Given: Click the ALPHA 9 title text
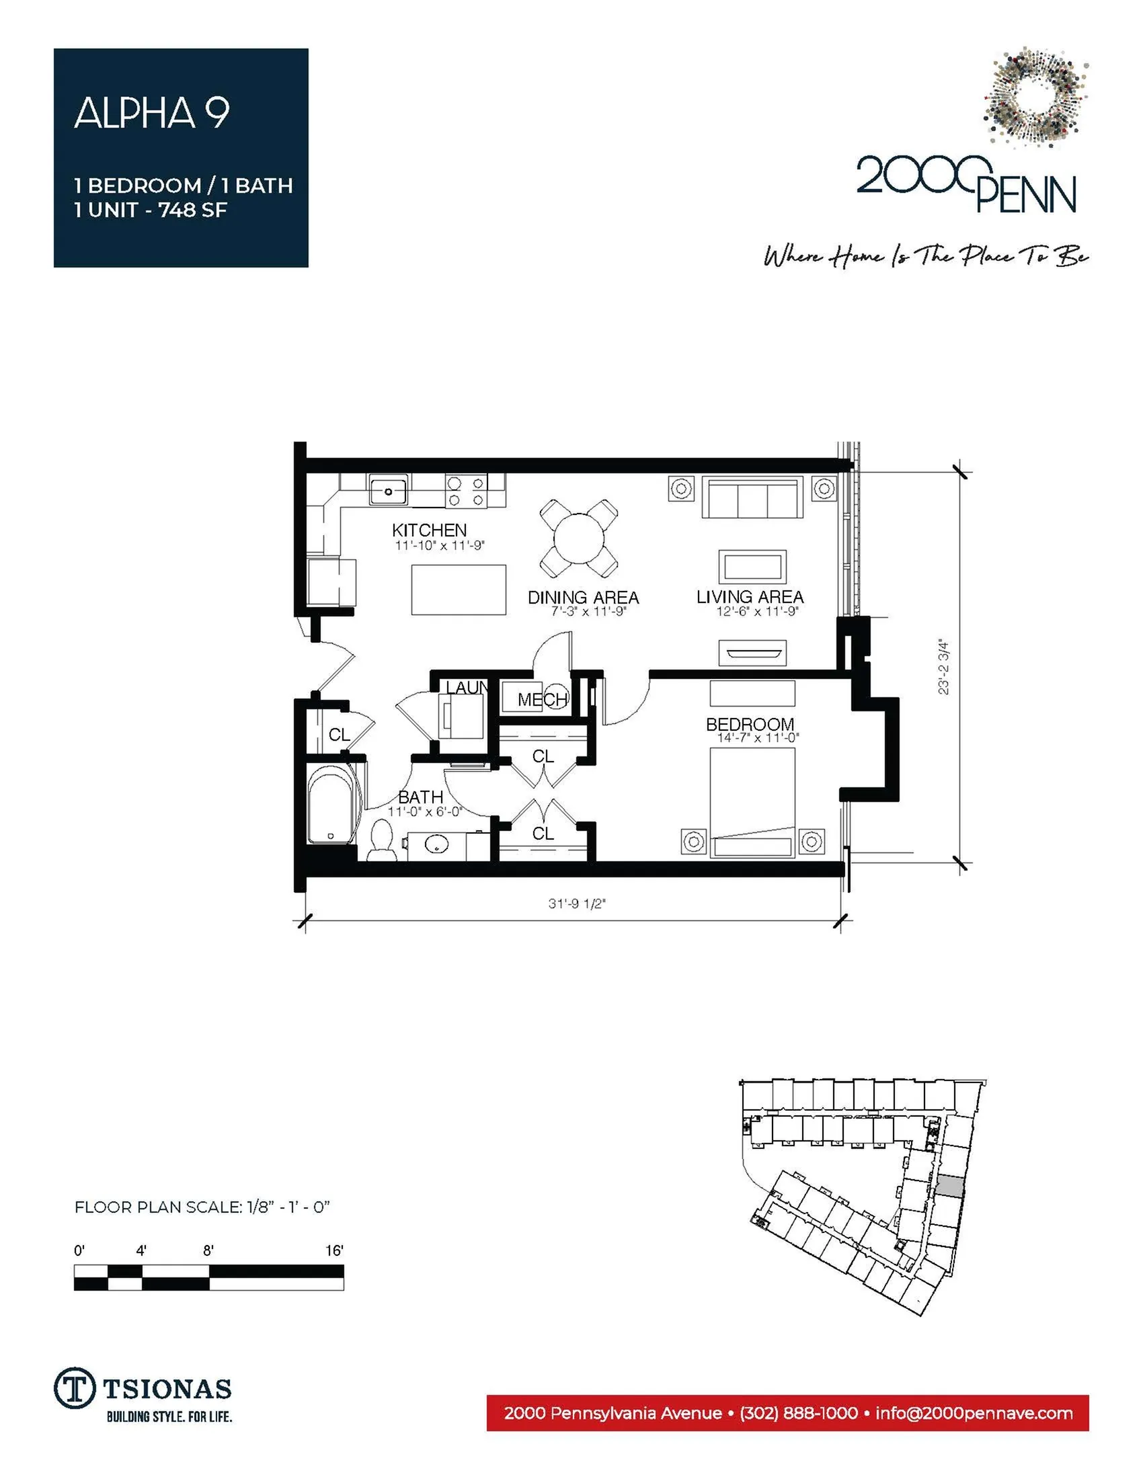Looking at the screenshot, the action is [x=152, y=112].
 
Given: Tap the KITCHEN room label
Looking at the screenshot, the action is [x=430, y=530].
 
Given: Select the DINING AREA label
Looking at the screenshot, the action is [x=583, y=597].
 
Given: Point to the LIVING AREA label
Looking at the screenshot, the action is [x=750, y=596].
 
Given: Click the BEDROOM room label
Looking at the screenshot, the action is [x=750, y=724].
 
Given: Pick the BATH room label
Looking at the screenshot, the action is [x=420, y=797].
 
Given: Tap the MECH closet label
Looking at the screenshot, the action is [x=543, y=700].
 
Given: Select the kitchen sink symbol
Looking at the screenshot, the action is [x=388, y=489].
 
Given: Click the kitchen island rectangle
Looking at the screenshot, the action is [x=459, y=590].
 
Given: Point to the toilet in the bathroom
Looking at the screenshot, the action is [x=382, y=840].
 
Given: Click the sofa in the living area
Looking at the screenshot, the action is [x=752, y=497].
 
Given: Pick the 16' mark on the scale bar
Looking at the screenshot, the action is [x=335, y=1251].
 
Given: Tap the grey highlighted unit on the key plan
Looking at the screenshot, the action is [x=950, y=1186].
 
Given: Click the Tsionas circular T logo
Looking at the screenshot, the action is [x=73, y=1388].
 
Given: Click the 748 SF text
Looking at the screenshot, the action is [x=192, y=210].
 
